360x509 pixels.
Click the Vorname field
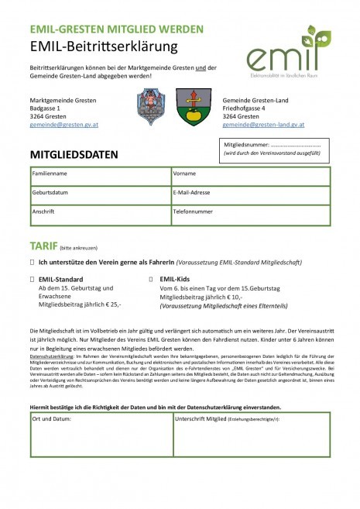tap(249, 177)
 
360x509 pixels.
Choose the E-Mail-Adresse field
tap(249, 195)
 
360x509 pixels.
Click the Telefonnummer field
tap(249, 215)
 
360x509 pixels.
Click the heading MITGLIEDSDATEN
tap(74, 154)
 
